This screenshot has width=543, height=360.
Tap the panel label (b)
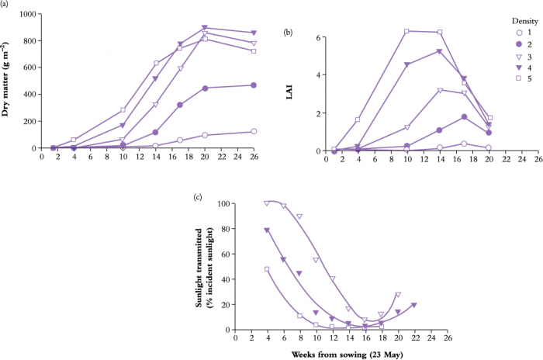(288, 32)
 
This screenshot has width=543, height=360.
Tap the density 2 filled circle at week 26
(254, 85)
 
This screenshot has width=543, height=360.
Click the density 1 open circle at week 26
(254, 132)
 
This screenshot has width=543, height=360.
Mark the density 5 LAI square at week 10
(406, 31)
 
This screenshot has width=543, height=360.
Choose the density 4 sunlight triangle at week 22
(414, 305)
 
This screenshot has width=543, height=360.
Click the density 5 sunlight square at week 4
(267, 269)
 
